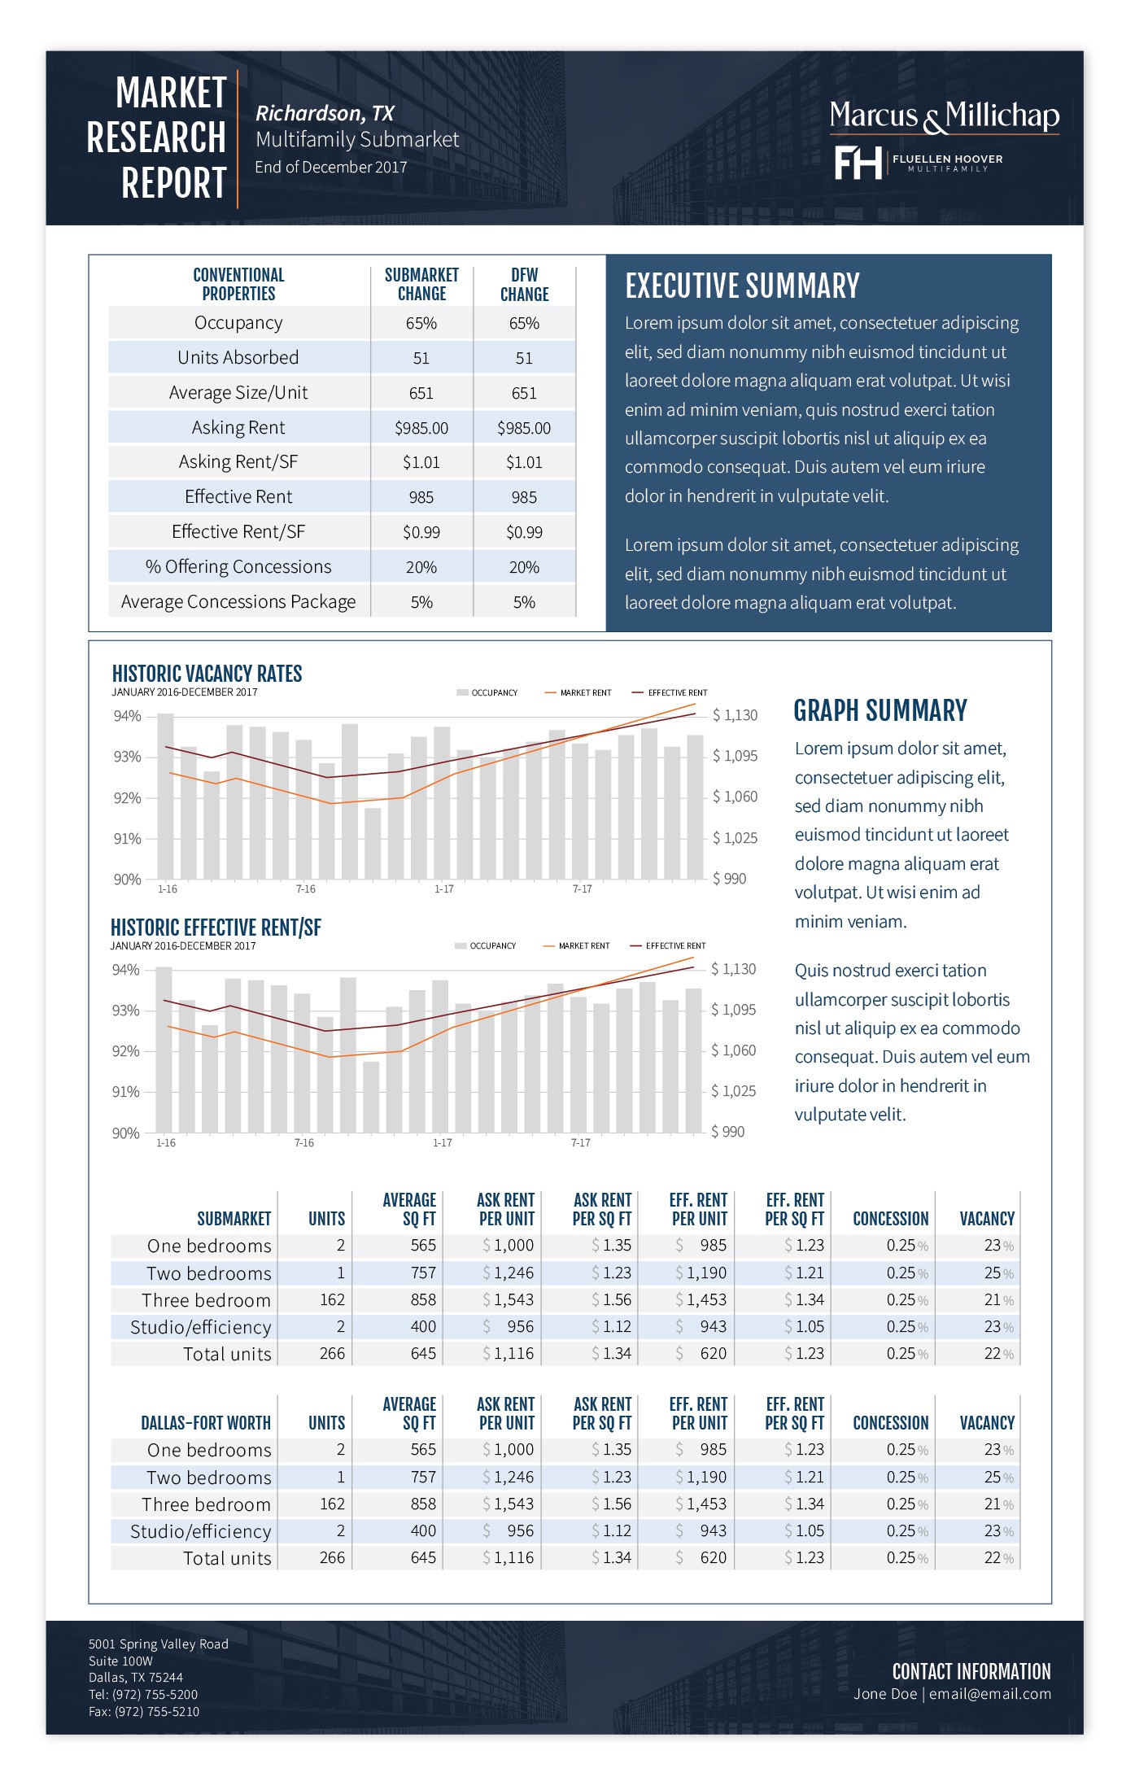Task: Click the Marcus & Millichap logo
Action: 944,116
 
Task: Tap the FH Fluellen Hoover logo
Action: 918,163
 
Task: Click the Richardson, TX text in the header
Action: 325,113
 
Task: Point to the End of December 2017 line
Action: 330,167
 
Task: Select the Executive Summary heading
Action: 742,286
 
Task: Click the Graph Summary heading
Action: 880,710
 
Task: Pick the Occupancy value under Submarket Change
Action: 421,323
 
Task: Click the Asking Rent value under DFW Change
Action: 524,428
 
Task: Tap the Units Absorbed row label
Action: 238,358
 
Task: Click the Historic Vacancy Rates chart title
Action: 207,674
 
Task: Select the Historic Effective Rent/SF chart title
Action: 216,928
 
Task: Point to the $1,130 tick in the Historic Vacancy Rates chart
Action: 735,715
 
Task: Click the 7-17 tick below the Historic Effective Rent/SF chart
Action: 580,1143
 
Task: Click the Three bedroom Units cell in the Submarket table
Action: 332,1300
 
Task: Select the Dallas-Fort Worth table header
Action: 206,1423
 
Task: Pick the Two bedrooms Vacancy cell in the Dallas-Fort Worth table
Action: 998,1478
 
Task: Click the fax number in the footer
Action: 144,1712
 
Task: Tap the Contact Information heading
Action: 971,1671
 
